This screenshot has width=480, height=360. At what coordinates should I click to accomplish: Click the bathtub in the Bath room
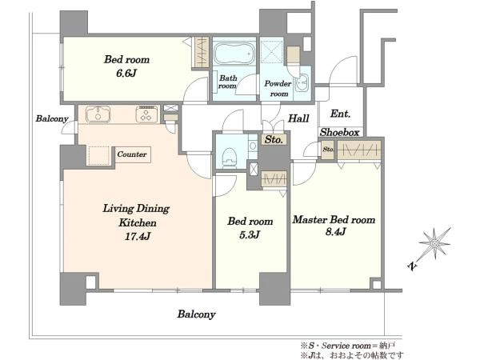click(x=234, y=54)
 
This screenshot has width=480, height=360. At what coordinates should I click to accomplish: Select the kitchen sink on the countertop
click(x=98, y=114)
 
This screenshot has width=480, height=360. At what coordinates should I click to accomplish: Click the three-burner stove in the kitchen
click(x=147, y=114)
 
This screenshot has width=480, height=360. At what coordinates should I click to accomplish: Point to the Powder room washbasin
click(x=302, y=82)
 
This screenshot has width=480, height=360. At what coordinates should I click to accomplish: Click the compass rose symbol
click(x=434, y=243)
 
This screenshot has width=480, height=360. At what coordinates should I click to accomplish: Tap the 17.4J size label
click(x=138, y=236)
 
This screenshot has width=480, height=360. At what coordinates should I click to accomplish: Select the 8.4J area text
click(x=335, y=232)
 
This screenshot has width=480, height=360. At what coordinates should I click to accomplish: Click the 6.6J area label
click(x=126, y=73)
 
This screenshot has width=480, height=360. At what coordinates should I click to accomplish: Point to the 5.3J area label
click(x=250, y=234)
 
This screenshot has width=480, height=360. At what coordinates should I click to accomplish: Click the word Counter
click(x=132, y=154)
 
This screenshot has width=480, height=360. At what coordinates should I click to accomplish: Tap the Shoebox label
click(x=339, y=132)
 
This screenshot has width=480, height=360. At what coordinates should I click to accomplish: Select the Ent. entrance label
click(x=340, y=114)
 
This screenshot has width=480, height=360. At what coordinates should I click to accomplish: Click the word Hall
click(x=298, y=118)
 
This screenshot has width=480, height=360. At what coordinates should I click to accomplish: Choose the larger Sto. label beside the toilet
click(x=274, y=139)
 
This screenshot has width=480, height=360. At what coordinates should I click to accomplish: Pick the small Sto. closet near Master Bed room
click(x=328, y=150)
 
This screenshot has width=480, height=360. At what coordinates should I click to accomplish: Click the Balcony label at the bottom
click(x=196, y=314)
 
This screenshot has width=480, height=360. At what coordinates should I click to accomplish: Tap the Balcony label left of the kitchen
click(x=52, y=118)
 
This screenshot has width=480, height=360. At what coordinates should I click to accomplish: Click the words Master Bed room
click(x=334, y=219)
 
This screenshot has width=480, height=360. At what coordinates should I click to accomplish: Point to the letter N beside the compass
click(x=413, y=266)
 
